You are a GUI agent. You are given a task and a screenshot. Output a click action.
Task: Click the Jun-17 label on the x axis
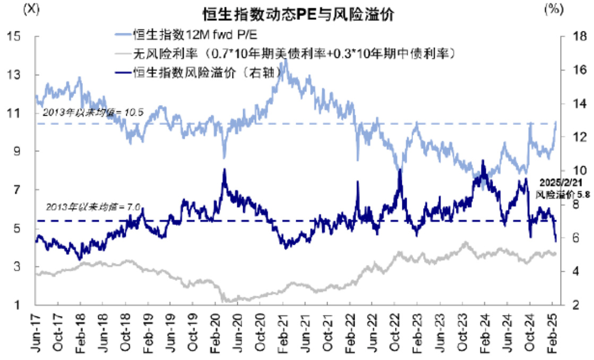[x=36, y=332]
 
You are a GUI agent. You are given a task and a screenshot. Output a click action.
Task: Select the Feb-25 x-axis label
[x=553, y=332]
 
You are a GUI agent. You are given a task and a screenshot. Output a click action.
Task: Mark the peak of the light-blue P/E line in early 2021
[x=286, y=59]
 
